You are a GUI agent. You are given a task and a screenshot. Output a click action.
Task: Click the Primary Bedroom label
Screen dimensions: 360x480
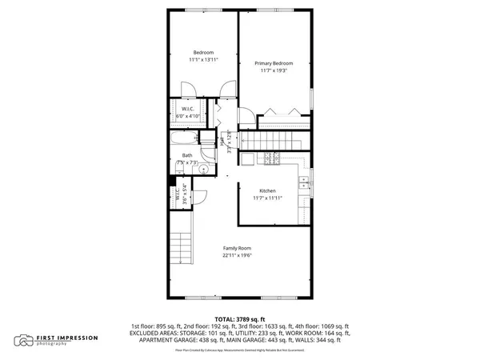(274, 63)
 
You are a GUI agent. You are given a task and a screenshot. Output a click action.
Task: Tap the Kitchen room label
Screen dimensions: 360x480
(266, 190)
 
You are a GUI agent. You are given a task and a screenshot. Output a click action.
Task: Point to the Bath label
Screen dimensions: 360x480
(186, 155)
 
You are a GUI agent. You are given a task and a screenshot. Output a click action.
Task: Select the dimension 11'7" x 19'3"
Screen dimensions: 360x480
(274, 71)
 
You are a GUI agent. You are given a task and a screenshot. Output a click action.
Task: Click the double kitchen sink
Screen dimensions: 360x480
(305, 187)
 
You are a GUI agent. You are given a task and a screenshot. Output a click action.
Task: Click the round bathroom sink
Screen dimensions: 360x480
(203, 170)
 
